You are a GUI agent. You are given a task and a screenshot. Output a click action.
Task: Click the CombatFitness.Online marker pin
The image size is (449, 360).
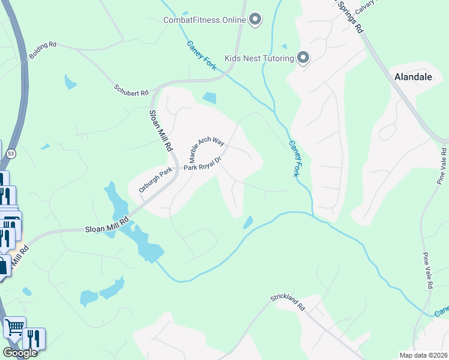click(x=255, y=20)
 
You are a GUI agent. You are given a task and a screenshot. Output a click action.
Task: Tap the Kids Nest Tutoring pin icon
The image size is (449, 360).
click(x=303, y=58)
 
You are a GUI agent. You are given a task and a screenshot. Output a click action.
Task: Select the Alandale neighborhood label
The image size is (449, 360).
click(x=413, y=77)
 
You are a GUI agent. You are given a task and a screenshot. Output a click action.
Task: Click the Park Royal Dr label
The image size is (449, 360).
click(x=203, y=164)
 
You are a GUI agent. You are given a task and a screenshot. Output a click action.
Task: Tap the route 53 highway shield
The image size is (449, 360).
click(x=11, y=154)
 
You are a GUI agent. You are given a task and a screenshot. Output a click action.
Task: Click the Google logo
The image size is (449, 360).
click(x=19, y=353)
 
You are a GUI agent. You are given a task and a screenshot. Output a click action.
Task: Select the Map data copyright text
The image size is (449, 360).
click(x=423, y=355)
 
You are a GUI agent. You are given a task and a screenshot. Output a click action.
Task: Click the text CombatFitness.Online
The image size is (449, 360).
click(x=205, y=20)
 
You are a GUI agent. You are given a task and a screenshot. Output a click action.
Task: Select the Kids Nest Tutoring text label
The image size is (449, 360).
click(x=259, y=58)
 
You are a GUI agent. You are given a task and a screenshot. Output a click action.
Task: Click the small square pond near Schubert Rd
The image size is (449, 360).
click(x=209, y=98)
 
